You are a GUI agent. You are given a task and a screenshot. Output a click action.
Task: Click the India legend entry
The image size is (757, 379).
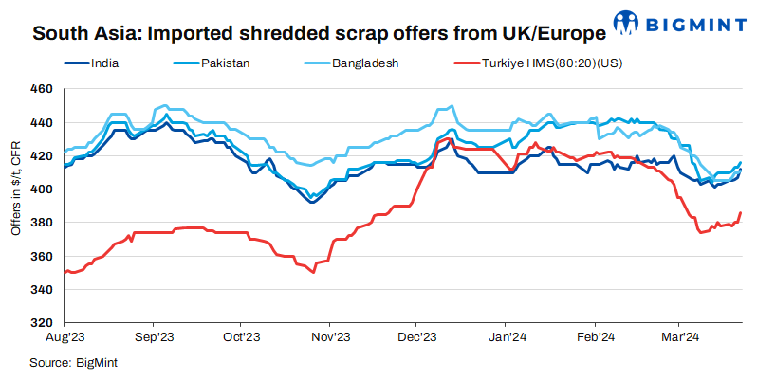[x=112, y=65]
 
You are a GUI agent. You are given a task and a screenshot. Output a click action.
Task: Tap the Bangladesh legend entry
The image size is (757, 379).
[x=364, y=65]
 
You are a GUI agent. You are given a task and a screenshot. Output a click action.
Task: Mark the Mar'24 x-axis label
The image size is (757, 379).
[x=679, y=336]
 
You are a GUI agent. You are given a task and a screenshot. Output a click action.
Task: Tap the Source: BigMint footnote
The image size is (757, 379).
[x=73, y=362]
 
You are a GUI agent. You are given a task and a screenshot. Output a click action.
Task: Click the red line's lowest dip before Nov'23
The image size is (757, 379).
[x=312, y=273]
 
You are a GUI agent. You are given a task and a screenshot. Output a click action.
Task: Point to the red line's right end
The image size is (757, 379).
[x=740, y=213]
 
